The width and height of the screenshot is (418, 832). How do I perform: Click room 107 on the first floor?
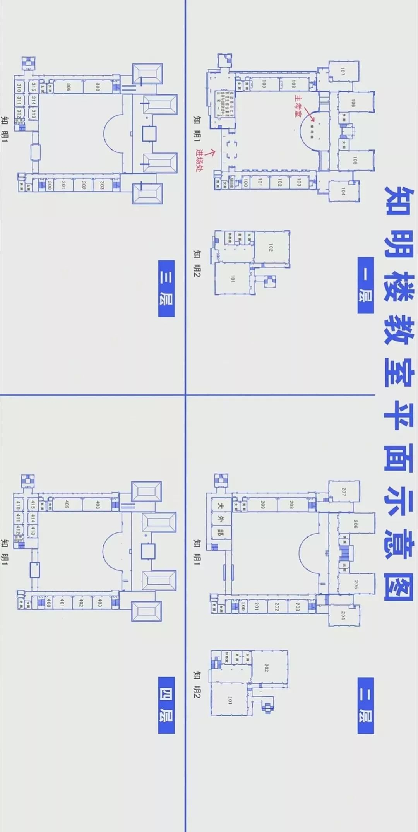(x=343, y=71)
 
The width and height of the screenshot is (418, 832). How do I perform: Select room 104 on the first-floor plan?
(x=343, y=191)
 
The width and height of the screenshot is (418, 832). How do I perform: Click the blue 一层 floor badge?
(x=366, y=285)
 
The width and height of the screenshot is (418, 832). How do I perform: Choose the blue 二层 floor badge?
(x=366, y=705)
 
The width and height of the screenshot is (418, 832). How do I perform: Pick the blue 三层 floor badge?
(x=166, y=289)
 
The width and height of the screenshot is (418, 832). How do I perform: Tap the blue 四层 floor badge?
(x=166, y=705)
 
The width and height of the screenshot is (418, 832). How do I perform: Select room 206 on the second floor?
(x=355, y=524)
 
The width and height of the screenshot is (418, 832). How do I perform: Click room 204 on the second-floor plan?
(x=343, y=615)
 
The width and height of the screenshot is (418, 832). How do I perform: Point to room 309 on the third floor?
(x=69, y=87)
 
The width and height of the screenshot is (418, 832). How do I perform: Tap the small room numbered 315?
(x=33, y=87)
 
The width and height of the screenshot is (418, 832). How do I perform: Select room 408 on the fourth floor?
(x=98, y=504)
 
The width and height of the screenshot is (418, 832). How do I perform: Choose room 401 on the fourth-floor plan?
(x=62, y=603)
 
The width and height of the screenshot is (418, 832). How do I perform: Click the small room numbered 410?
(x=18, y=505)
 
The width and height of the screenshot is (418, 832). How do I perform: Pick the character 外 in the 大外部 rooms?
(x=221, y=519)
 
